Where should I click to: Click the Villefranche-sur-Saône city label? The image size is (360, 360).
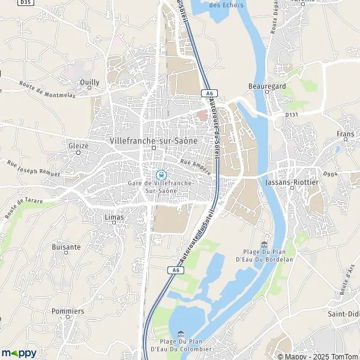154,140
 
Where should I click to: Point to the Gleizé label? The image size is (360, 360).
78,145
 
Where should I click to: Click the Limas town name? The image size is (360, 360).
113,217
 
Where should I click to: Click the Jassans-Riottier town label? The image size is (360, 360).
291,179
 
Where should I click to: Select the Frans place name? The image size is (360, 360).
345,134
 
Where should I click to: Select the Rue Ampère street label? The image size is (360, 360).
196,166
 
